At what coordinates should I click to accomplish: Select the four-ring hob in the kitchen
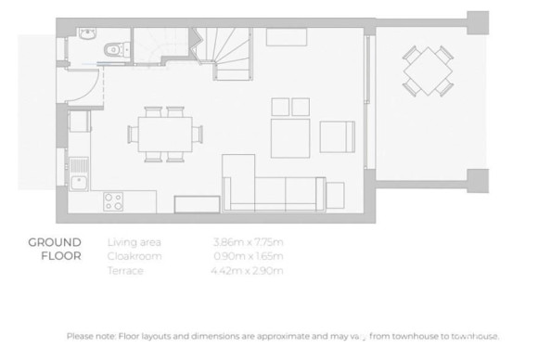[114, 201]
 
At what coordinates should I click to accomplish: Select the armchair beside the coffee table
[338, 137]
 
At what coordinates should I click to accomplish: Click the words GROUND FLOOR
[54, 251]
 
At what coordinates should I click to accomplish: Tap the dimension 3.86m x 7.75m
[247, 242]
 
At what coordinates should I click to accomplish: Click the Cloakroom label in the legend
[134, 256]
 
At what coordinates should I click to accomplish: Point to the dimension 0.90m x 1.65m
[247, 256]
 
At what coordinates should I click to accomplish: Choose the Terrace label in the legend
[126, 270]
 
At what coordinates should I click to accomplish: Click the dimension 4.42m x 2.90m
[247, 270]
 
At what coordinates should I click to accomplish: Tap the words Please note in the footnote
[92, 336]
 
